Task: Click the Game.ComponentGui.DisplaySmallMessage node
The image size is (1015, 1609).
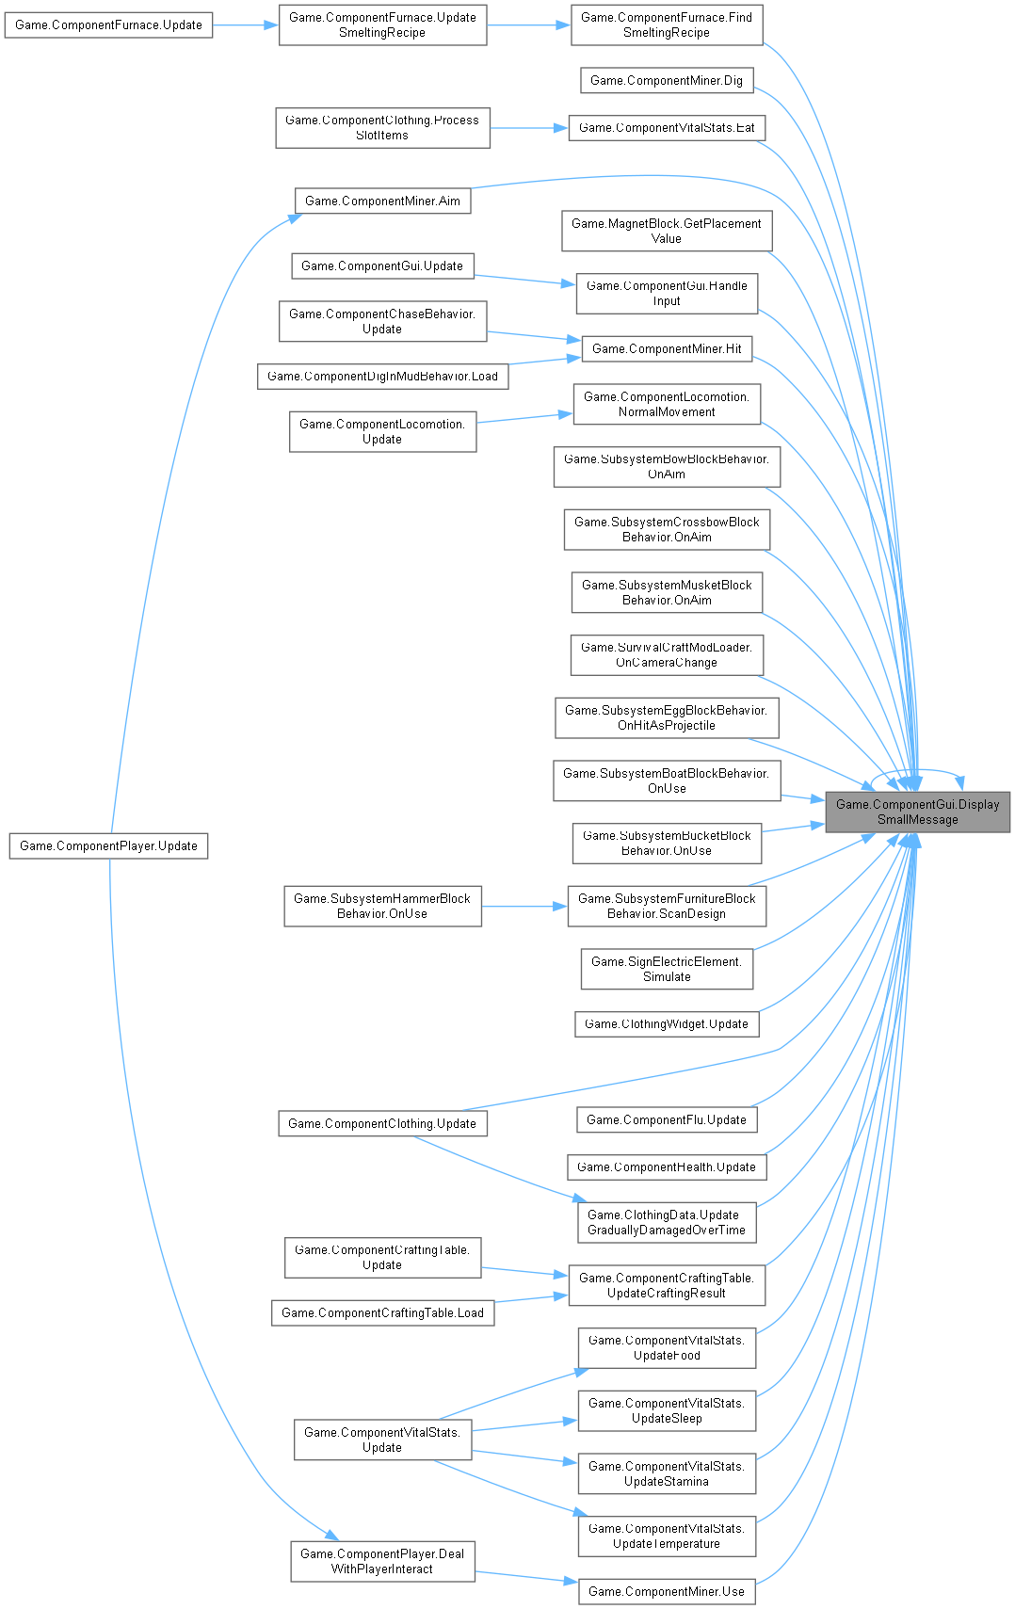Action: click(x=917, y=812)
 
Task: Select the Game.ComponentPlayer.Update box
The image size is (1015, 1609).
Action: click(x=108, y=845)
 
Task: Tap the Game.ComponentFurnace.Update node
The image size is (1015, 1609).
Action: click(x=108, y=25)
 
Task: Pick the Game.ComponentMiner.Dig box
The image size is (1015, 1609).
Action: click(x=667, y=81)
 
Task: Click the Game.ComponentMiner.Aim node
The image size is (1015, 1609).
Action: click(x=382, y=201)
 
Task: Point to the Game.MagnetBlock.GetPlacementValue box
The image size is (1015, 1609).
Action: click(x=667, y=232)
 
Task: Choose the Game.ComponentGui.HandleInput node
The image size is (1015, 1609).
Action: click(x=667, y=294)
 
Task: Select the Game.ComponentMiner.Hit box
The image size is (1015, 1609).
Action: click(x=667, y=349)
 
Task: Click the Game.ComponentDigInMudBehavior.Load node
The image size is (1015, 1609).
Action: click(x=382, y=377)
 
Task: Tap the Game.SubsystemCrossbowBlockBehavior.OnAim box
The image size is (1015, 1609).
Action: click(x=667, y=530)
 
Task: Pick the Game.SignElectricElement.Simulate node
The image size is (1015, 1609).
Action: click(x=667, y=970)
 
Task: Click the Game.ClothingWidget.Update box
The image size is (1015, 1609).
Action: click(x=667, y=1024)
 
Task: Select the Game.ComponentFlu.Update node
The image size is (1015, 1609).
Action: click(x=667, y=1119)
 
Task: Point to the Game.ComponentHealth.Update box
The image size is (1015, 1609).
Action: click(x=667, y=1167)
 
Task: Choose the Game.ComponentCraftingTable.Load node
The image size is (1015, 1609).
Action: click(x=382, y=1313)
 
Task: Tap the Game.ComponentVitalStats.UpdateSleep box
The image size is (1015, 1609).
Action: click(x=667, y=1411)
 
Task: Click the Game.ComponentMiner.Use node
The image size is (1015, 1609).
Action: click(x=667, y=1592)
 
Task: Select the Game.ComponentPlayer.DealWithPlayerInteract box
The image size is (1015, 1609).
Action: click(x=382, y=1562)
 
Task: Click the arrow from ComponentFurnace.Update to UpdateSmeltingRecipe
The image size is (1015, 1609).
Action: click(x=246, y=25)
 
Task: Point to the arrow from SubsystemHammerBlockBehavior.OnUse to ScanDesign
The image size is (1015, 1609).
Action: click(x=524, y=907)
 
